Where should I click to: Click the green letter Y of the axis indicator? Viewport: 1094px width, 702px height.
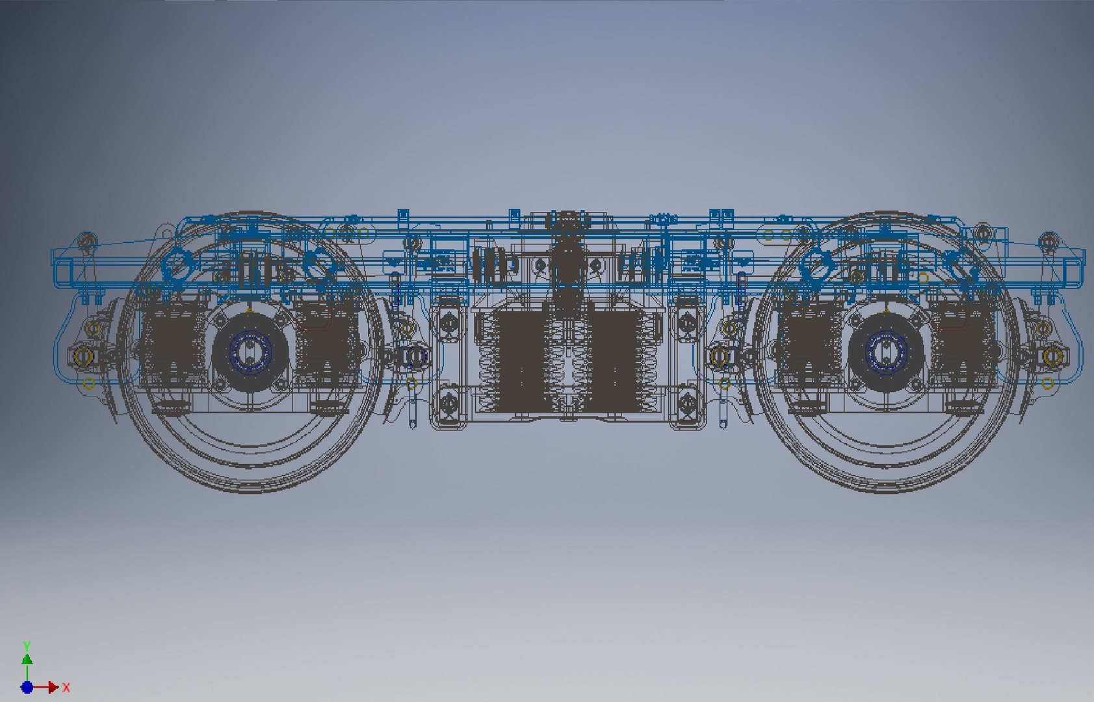[x=27, y=646]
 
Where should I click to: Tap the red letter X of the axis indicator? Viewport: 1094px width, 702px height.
[x=66, y=687]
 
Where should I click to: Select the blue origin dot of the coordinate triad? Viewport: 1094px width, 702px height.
[x=27, y=687]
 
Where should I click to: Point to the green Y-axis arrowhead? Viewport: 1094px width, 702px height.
[x=27, y=659]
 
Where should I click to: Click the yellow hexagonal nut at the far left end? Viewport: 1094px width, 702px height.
[x=82, y=356]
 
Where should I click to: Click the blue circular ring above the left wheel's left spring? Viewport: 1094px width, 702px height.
[x=177, y=264]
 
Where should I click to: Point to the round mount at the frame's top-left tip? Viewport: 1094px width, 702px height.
[x=86, y=243]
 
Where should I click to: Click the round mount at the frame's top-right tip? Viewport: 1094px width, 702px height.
[x=1047, y=242]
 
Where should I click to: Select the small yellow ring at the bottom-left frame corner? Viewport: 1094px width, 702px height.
[x=89, y=383]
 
